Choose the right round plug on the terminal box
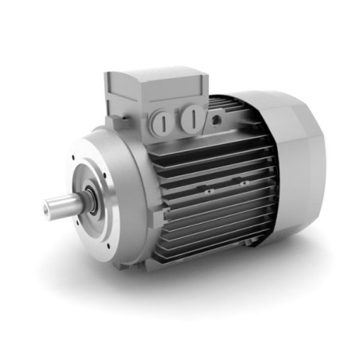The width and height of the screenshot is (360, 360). tap(191, 119)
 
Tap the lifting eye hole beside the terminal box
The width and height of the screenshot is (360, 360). tap(217, 119)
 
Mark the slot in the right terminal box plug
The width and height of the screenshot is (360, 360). tap(191, 119)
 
